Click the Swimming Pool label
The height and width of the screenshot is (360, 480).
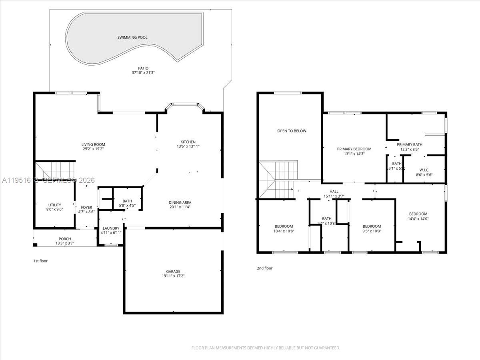132,38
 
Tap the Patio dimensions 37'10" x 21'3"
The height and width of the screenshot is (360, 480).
143,73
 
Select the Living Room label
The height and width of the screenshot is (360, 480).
93,144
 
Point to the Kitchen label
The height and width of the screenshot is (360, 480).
188,142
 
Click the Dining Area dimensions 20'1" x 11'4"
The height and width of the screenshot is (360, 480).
180,207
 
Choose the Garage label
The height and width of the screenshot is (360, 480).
173,272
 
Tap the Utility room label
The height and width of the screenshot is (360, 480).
54,205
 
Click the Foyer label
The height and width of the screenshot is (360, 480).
86,207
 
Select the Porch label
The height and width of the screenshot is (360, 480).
65,239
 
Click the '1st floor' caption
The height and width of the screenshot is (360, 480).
40,261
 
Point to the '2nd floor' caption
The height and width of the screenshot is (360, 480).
264,268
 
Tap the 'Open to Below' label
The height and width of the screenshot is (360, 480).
292,131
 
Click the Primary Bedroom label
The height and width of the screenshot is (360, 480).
354,149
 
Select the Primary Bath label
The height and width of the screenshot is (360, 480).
409,145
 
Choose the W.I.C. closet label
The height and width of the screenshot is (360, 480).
424,169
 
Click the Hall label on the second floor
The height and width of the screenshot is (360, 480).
334,191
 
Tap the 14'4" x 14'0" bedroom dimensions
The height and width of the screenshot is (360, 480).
418,218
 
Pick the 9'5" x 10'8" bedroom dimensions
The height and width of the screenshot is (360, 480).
372,231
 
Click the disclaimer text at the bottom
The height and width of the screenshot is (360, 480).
266,348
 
